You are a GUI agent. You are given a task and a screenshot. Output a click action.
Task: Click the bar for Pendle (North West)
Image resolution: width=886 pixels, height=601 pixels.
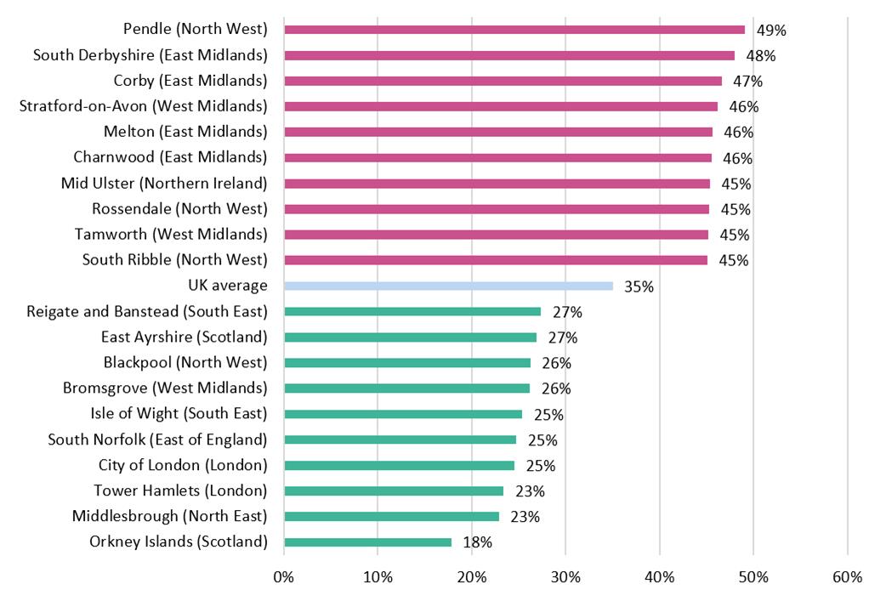click(514, 30)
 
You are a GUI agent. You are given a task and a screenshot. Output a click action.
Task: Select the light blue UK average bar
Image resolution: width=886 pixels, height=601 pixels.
click(448, 286)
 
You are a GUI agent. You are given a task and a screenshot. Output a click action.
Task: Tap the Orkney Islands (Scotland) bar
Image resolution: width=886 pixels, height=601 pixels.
click(367, 541)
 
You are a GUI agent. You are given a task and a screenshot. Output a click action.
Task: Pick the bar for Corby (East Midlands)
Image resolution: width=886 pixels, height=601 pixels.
click(503, 81)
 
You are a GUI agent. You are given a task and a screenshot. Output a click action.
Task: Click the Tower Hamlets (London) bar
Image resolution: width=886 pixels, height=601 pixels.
click(393, 490)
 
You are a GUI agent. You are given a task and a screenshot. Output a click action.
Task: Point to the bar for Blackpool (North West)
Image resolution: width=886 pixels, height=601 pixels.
click(406, 362)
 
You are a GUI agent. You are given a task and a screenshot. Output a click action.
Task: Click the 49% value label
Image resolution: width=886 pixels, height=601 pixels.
click(771, 31)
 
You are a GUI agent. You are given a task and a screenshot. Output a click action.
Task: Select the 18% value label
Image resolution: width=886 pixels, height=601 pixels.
click(477, 542)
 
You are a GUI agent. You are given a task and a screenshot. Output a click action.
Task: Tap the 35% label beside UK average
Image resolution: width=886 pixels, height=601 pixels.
click(639, 286)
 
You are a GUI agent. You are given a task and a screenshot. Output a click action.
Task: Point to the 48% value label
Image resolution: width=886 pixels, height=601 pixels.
click(761, 56)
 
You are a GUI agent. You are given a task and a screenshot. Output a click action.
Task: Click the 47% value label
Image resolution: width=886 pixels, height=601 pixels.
click(747, 82)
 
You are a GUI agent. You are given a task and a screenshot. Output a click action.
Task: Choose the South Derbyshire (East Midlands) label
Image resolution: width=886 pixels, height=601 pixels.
click(150, 55)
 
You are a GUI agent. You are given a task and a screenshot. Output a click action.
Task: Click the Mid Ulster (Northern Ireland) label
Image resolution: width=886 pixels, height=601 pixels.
click(164, 183)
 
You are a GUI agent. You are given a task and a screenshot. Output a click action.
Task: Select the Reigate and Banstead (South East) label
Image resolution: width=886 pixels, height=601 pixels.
click(147, 311)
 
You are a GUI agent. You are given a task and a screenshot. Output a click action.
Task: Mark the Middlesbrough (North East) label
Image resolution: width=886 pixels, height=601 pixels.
click(169, 516)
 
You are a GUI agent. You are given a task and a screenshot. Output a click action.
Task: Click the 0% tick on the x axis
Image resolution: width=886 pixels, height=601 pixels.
click(283, 577)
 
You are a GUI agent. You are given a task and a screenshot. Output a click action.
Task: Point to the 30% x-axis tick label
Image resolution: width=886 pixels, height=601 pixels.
click(565, 577)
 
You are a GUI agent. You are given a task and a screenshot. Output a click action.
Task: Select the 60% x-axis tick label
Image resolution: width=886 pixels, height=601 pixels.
click(847, 577)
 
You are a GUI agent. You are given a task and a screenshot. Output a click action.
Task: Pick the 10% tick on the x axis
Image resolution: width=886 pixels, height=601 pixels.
click(378, 577)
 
